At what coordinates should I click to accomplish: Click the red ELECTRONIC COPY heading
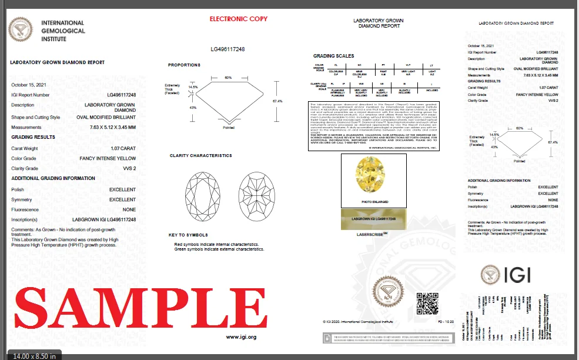[x=239, y=19]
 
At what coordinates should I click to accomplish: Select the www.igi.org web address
[x=241, y=337]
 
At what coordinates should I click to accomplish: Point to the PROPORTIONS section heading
[x=184, y=65]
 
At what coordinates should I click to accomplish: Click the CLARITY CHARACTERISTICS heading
[x=200, y=155]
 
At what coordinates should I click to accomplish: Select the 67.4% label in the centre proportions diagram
[x=278, y=101]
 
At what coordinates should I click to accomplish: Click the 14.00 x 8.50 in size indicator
[x=35, y=355]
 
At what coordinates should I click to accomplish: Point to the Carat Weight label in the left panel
[x=25, y=149]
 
